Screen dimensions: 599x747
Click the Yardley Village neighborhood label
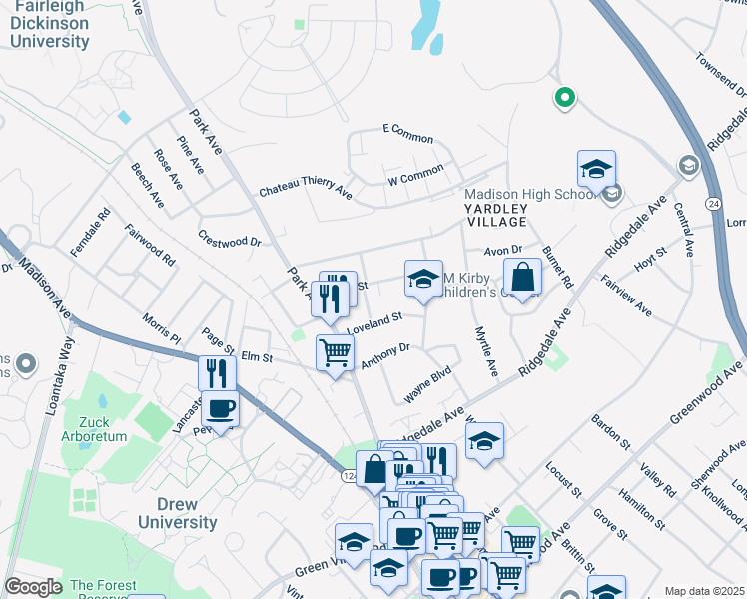point(493,214)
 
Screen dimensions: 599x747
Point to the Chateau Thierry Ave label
point(305,188)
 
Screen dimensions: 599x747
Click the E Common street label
point(407,133)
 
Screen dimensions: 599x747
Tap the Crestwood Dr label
point(229,241)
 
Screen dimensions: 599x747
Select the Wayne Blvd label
point(427,385)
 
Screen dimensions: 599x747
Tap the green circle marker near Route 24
point(564,98)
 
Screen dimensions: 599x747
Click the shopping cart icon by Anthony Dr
point(335,352)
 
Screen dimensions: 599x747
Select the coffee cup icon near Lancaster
point(220,408)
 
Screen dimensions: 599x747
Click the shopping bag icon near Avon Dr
point(522,277)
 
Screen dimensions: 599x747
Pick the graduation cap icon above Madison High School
point(596,169)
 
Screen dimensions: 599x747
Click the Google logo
point(34,587)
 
